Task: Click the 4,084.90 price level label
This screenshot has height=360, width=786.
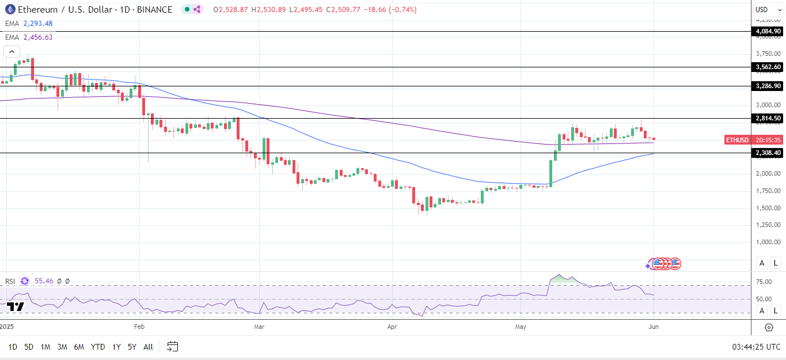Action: point(769,31)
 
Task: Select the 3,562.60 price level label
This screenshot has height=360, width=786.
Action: point(769,67)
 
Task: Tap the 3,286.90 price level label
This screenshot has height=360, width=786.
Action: point(769,86)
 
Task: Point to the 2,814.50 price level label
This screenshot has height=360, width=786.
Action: point(769,118)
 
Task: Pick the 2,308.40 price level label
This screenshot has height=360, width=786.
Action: point(769,153)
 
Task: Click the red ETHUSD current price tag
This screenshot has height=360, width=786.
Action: point(737,140)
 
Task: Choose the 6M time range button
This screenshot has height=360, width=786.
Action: point(79,347)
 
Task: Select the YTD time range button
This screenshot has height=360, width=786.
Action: point(98,347)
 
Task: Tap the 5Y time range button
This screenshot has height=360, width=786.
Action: point(132,347)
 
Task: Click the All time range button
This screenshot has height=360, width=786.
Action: point(148,347)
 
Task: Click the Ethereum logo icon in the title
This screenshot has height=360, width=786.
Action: point(9,9)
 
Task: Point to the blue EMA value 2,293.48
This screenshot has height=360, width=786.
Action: point(38,24)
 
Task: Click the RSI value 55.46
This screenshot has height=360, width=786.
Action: point(44,281)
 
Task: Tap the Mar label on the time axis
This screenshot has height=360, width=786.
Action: point(259,327)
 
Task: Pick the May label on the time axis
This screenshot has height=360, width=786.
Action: point(521,327)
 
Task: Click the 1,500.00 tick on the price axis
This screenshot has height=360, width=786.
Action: point(769,207)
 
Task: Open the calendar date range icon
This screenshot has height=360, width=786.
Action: point(173,347)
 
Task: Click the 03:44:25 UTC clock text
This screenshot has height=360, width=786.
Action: point(756,347)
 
